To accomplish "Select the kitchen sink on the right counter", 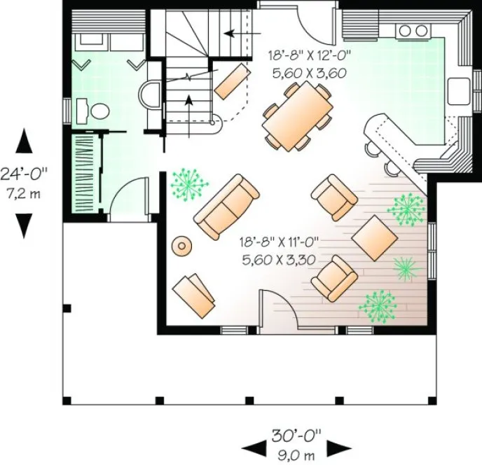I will [458, 91].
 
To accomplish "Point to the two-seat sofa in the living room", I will [226, 207].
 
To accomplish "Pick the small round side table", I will [184, 245].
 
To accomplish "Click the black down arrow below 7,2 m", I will [25, 224].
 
